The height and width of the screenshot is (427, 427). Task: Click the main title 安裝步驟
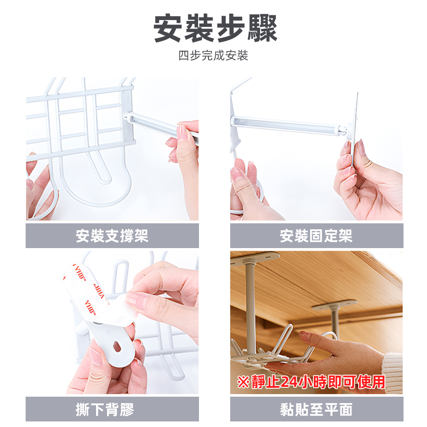coord(215,29)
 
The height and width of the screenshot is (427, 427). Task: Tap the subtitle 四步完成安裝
coord(213,56)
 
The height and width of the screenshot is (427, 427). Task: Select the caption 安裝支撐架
coord(112,236)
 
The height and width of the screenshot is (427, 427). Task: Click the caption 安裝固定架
coord(316,236)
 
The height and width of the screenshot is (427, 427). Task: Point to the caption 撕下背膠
coord(105,410)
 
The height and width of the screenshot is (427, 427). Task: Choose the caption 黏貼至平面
coord(316,410)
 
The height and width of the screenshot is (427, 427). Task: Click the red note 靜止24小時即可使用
coord(311,381)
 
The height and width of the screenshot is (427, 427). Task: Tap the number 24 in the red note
coord(290,382)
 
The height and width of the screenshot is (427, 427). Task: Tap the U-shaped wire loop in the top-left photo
coord(102,171)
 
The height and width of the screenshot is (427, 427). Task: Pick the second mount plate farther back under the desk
coord(334,304)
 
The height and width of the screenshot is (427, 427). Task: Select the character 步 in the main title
coord(215,29)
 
